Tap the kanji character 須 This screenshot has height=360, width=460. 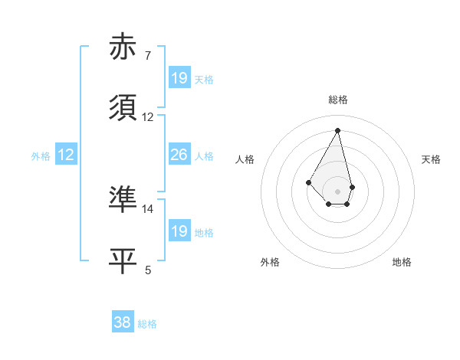124,109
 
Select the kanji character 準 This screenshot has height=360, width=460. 124,199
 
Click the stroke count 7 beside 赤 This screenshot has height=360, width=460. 148,55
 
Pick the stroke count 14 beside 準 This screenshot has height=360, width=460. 148,208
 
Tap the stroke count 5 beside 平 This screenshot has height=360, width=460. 148,270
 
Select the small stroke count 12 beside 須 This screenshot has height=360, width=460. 148,117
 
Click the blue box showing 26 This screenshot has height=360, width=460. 179,155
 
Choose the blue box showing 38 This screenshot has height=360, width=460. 123,322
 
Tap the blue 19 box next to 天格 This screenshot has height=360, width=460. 179,77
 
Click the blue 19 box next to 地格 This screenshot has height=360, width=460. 179,231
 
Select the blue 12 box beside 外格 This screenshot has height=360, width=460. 66,155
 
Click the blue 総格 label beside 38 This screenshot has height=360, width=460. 147,324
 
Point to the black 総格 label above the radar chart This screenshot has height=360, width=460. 337,100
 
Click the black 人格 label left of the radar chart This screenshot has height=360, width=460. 245,159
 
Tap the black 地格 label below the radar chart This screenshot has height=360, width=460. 402,262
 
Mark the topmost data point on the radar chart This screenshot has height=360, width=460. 337,129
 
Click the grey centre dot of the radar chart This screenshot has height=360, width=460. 337,191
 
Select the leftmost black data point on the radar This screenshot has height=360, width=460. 309,182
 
